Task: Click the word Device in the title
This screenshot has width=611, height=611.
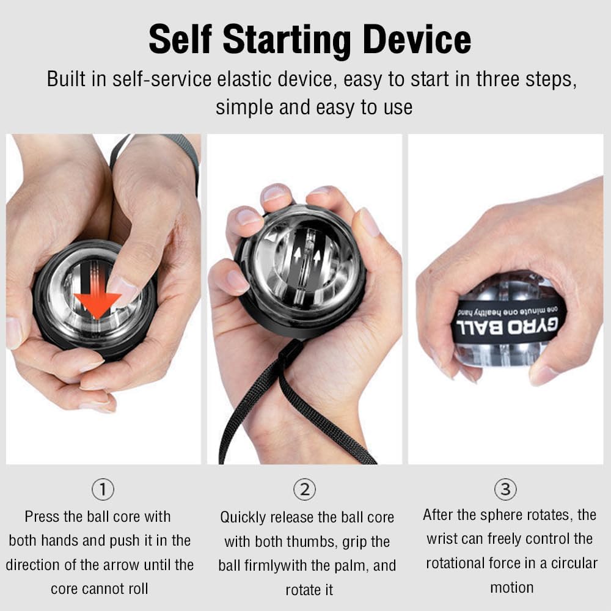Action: [x=417, y=39]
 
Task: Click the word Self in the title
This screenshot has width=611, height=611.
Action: [x=180, y=39]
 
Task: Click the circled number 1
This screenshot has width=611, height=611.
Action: [x=103, y=489]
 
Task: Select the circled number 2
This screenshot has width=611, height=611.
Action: [x=305, y=489]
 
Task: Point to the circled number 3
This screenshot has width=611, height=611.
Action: [x=505, y=489]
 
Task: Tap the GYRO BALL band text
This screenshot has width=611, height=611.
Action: [x=507, y=326]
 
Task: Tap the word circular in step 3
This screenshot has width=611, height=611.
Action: [x=574, y=563]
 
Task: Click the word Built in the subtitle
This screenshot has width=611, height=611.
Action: [x=66, y=79]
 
